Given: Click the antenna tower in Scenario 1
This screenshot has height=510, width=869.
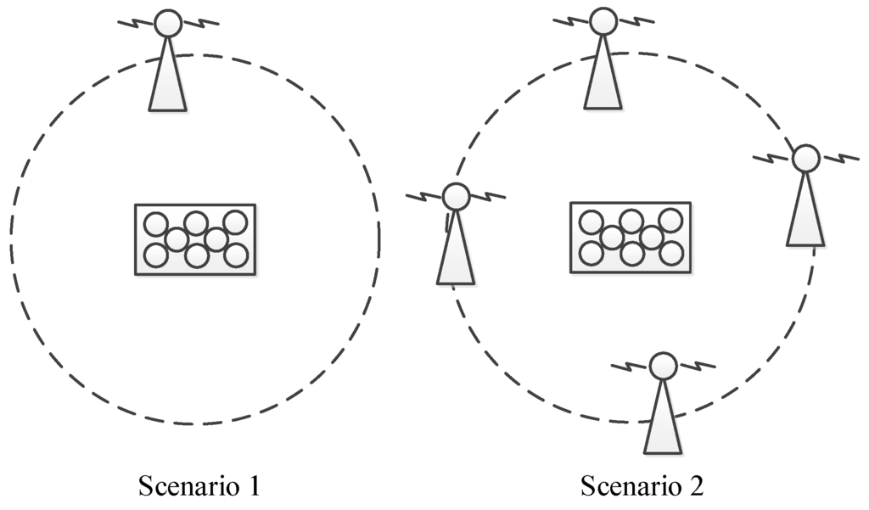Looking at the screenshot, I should click(x=168, y=81).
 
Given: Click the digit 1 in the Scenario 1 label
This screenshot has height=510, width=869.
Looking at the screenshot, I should click(x=252, y=486).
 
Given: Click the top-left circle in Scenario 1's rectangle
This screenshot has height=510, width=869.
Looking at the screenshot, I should click(x=155, y=225).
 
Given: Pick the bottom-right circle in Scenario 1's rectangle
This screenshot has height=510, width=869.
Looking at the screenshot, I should click(x=237, y=255).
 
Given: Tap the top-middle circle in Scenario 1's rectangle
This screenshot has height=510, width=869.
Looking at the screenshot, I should click(x=196, y=223).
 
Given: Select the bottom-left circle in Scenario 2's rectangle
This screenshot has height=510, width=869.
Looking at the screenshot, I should click(x=591, y=252).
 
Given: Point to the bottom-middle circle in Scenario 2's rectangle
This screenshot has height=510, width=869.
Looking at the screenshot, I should click(x=631, y=253).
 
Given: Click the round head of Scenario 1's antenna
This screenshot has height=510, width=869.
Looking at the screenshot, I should click(x=168, y=23).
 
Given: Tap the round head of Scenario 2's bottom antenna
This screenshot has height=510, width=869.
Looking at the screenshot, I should click(x=663, y=367).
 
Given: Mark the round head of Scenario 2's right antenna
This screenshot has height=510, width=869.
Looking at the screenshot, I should click(x=805, y=159).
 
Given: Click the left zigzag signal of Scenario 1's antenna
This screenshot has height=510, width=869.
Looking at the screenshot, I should click(x=137, y=21).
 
